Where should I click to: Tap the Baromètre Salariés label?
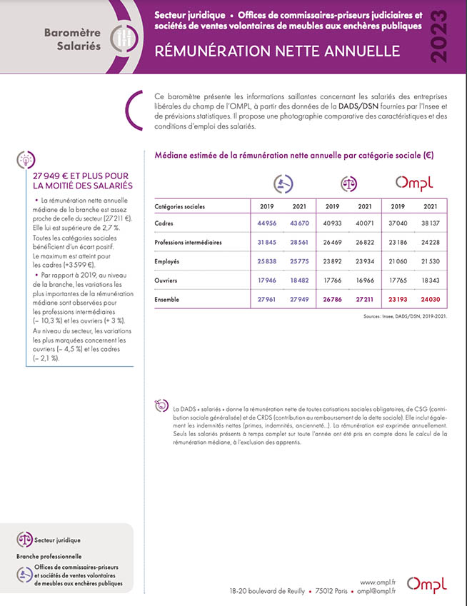coord(68,39)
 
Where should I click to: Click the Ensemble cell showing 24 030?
coord(430,300)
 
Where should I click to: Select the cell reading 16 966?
coord(364,281)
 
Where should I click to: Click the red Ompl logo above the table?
coord(414,183)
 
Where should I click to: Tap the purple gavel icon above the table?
coord(280,183)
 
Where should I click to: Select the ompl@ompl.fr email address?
coord(376,591)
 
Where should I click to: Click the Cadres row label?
coord(165,223)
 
